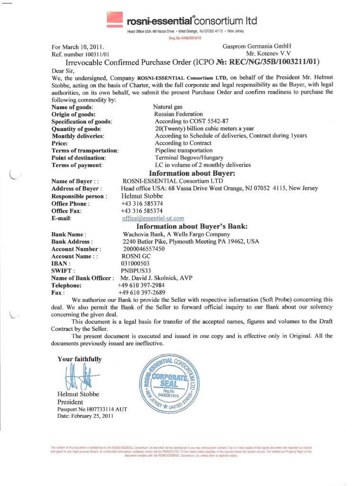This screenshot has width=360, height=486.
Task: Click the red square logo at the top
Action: click(x=114, y=19)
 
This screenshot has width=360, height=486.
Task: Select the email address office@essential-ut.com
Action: click(x=153, y=218)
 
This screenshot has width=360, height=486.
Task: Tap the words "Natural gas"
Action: click(x=168, y=107)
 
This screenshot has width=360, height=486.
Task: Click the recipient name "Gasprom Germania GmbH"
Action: click(x=256, y=47)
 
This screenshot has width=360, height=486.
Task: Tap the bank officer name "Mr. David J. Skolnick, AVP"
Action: click(x=156, y=278)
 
